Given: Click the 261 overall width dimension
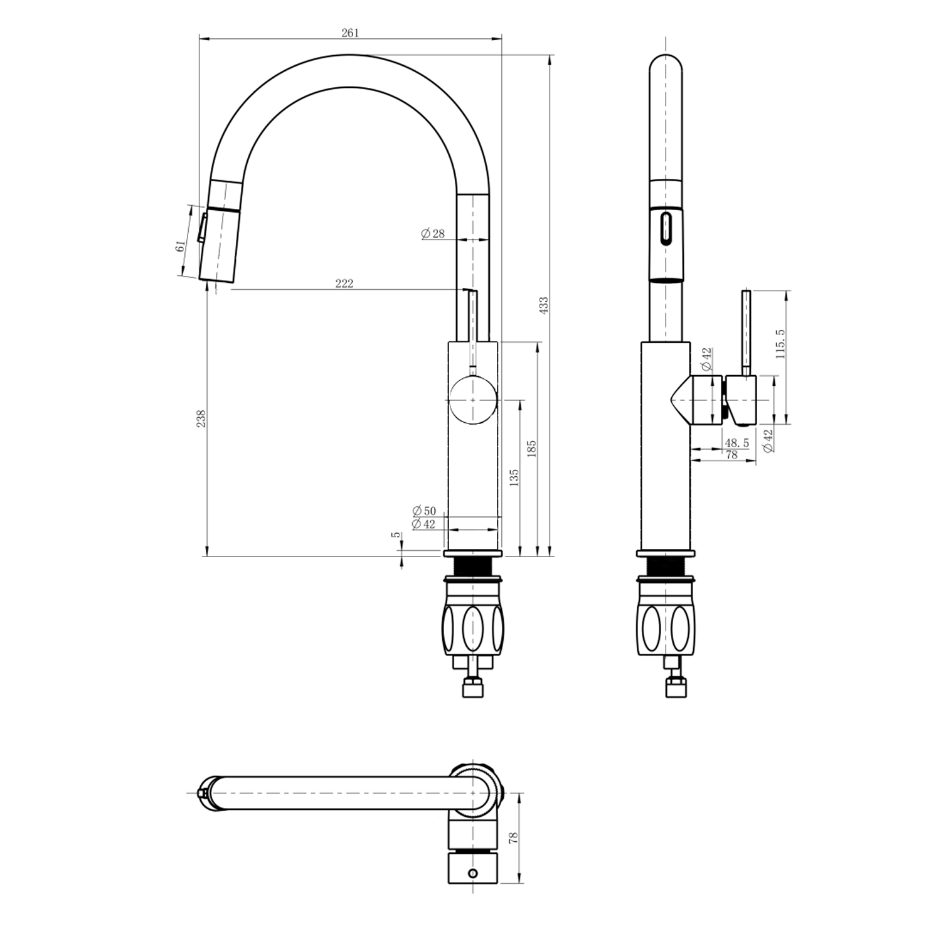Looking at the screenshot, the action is [350, 33].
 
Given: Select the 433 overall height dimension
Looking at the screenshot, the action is [544, 306].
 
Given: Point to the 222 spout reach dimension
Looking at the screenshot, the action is [344, 284].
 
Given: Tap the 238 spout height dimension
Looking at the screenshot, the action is [201, 418].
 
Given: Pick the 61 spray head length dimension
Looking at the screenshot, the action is [180, 246].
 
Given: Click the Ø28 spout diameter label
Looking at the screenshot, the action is [433, 233].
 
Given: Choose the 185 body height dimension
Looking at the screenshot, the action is [531, 448].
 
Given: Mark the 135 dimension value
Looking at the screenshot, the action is [514, 478].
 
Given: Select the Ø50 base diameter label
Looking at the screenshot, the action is [424, 511].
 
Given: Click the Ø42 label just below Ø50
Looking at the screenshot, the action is [424, 524].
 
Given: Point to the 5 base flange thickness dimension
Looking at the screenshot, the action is [395, 534].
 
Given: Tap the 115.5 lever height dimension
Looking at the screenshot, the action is [780, 344].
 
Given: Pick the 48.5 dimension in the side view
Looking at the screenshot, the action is [736, 443].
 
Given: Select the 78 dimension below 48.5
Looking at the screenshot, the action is [731, 455].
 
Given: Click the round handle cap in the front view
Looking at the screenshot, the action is [472, 400].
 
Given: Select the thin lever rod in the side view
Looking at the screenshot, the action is [747, 333].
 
